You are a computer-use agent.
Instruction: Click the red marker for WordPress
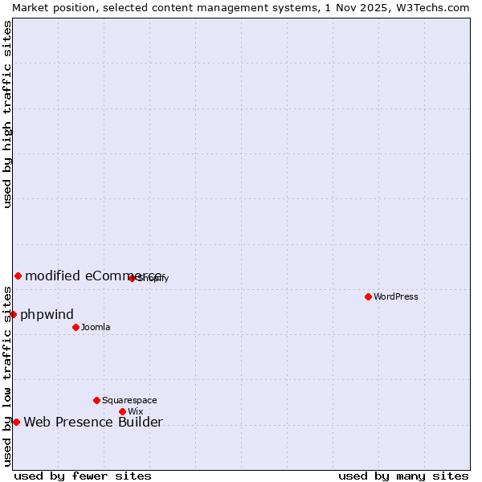[368, 296]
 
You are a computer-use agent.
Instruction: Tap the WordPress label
[396, 296]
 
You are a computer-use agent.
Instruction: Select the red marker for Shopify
[132, 278]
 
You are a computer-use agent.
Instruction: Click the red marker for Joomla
[76, 327]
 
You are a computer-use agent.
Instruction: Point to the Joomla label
[96, 327]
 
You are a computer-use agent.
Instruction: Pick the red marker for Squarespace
[96, 400]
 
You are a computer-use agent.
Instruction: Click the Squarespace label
[129, 400]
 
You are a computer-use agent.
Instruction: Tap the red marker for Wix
[122, 411]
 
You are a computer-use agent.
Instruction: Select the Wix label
[135, 411]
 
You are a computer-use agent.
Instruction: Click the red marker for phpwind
[13, 314]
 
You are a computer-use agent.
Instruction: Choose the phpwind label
[47, 314]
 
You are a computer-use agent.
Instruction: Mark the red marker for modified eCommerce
[18, 276]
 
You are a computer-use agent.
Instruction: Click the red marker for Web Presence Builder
[16, 422]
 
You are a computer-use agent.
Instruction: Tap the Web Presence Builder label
[93, 423]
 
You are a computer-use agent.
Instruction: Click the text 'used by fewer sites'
[83, 476]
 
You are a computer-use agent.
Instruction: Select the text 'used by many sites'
[403, 476]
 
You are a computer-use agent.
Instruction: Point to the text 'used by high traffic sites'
[7, 114]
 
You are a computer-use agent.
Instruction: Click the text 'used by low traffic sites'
[7, 376]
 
